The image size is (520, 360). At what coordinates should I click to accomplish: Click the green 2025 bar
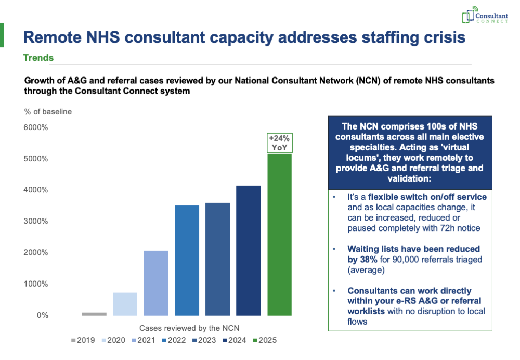279,234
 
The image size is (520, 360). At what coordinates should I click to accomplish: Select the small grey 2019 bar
94,314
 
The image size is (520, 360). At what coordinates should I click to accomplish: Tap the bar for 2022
187,260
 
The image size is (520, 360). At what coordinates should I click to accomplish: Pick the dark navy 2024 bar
249,250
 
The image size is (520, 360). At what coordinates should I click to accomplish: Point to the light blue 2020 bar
125,304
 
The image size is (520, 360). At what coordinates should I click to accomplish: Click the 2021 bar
156,283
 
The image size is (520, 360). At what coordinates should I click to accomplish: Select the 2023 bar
217,259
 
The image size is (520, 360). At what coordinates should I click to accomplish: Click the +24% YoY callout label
280,143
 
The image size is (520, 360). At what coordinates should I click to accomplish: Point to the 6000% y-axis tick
35,127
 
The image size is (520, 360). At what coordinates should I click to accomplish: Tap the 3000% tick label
35,221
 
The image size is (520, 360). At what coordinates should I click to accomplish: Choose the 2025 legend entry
265,340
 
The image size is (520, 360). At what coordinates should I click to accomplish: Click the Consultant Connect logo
485,17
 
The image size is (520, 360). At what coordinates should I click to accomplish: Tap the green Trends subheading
38,58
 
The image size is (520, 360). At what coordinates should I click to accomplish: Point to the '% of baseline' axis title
48,111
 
